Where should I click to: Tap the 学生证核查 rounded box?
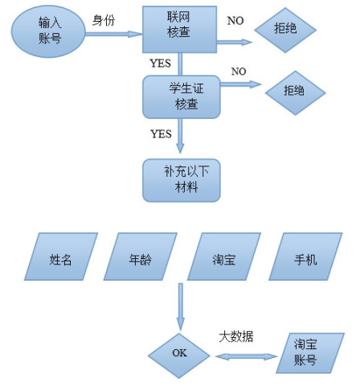182,96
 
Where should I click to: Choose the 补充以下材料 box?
181,180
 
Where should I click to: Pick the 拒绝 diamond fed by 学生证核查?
294,90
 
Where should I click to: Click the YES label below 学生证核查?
161,133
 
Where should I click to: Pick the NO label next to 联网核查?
236,18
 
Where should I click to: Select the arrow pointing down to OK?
180,306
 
